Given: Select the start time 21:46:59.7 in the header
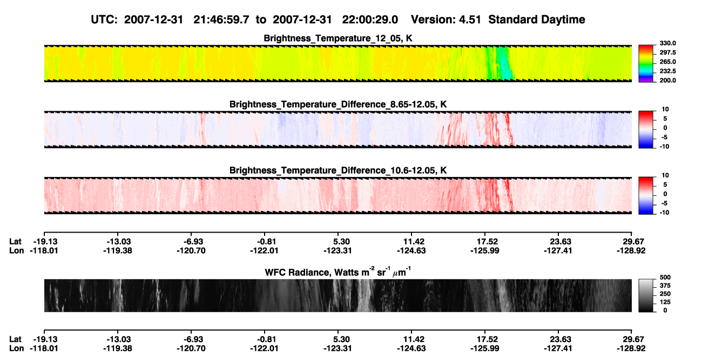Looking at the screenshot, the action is click(x=221, y=20).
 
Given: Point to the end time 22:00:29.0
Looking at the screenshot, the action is click(x=370, y=20).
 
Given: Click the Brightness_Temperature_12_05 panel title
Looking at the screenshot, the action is click(x=338, y=38).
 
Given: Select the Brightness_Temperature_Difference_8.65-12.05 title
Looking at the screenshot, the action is click(x=338, y=104).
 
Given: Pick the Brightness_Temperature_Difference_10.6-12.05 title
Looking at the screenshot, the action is click(x=338, y=171).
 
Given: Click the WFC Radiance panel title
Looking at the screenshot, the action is click(x=338, y=272).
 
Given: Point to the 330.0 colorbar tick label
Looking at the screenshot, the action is click(x=667, y=43).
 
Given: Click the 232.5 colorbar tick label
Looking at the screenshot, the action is click(x=667, y=71).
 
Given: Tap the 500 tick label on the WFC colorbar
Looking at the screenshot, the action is click(x=665, y=277).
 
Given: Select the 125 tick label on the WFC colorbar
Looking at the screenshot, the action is click(x=665, y=302).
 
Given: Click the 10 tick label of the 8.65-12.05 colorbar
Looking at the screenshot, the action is click(x=665, y=110).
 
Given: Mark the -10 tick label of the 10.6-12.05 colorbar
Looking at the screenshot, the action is click(x=664, y=213).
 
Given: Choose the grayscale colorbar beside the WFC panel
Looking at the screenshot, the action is click(x=646, y=295).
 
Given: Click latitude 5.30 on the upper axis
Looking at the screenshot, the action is click(x=341, y=242).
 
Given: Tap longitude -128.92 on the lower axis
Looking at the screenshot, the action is click(x=631, y=349).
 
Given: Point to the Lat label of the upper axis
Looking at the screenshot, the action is click(x=15, y=242).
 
